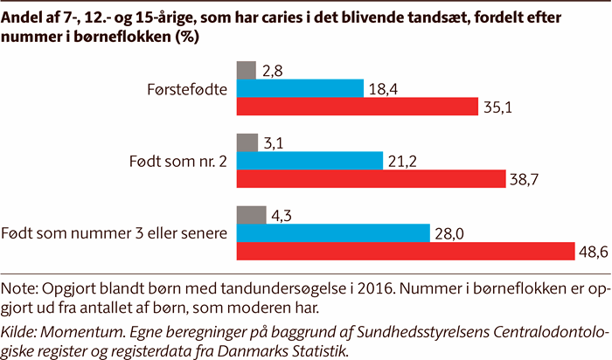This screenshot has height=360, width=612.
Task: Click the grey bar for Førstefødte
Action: point(246,69)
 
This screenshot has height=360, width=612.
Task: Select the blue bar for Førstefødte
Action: point(300,87)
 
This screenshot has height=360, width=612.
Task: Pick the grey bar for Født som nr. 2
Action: point(247,142)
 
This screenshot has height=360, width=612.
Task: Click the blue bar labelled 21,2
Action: point(309,161)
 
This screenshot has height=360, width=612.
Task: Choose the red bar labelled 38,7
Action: point(371,179)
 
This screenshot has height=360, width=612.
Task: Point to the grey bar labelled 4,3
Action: point(251,215)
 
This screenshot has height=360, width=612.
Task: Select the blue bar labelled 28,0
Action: point(333,233)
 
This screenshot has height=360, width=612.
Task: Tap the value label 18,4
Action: point(383,88)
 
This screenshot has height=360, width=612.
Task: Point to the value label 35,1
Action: point(500,107)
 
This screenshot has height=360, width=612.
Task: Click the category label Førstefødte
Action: point(189,87)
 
